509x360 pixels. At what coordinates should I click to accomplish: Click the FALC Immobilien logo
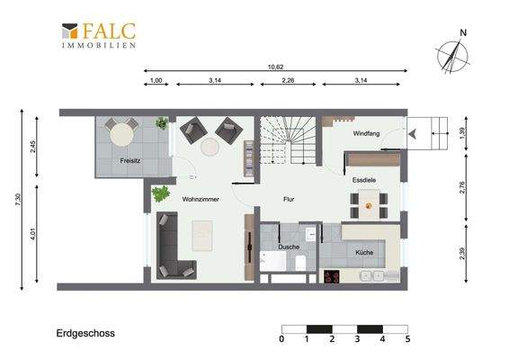pos(99,36)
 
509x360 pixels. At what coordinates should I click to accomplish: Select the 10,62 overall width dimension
pos(276,67)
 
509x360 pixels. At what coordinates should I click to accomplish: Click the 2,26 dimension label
pos(288,82)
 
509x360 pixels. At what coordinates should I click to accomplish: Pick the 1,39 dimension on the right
pos(462,132)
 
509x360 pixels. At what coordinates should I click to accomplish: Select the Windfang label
pos(366,133)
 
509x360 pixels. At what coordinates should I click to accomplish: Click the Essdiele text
pos(364,180)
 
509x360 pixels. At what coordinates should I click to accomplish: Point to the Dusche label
pos(288,245)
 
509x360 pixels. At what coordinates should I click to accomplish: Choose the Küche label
pos(364,252)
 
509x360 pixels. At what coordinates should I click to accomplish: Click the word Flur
pos(290,199)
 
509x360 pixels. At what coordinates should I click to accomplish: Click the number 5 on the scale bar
pos(407,339)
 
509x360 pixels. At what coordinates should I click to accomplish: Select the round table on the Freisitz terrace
pos(121,136)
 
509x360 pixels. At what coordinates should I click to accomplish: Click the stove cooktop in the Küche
pos(330,275)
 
